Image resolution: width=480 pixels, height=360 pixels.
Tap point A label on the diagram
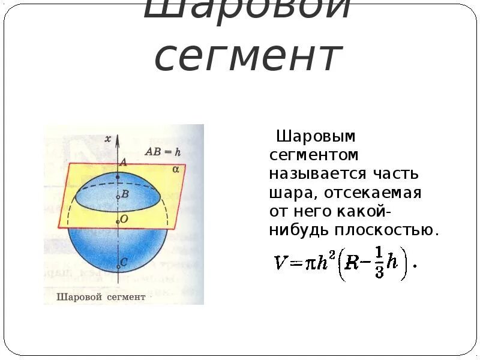pyautogui.click(x=124, y=162)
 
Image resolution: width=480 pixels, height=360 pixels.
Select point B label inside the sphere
pyautogui.click(x=125, y=194)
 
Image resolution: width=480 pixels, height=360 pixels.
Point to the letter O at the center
pyautogui.click(x=124, y=220)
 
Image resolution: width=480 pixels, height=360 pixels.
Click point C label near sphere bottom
pyautogui.click(x=124, y=262)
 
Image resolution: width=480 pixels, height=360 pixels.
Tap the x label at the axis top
pyautogui.click(x=108, y=139)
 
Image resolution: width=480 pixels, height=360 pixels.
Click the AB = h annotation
pyautogui.click(x=163, y=151)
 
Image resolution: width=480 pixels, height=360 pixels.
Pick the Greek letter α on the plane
pyautogui.click(x=176, y=169)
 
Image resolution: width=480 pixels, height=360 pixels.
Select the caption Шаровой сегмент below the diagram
pyautogui.click(x=101, y=296)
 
